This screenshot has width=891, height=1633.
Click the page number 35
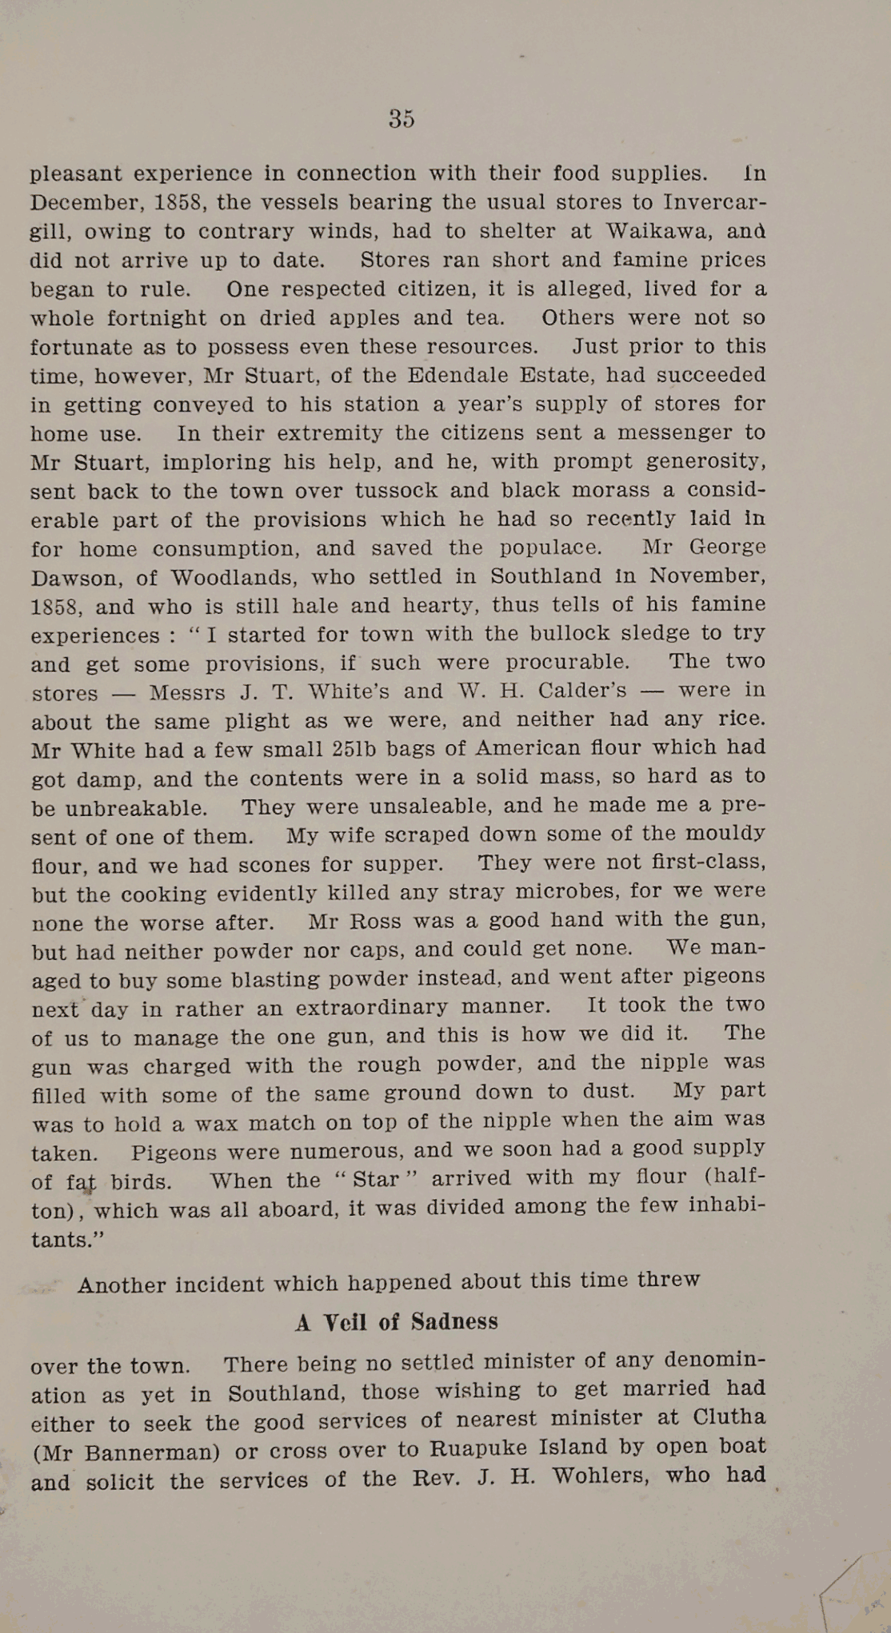pos(402,118)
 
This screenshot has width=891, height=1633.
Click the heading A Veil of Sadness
pos(397,1322)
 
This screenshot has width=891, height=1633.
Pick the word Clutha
pos(729,1417)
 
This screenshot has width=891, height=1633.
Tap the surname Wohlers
pos(599,1476)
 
